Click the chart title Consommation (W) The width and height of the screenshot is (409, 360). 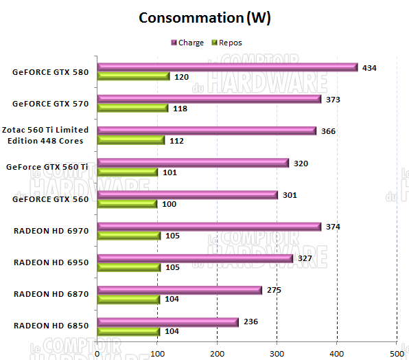point(204,18)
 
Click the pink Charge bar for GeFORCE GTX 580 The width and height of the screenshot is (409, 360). point(227,67)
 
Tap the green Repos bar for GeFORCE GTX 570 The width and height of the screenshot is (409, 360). point(132,108)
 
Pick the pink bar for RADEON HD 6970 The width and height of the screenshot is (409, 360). point(209,227)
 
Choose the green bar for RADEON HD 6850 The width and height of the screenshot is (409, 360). point(128,331)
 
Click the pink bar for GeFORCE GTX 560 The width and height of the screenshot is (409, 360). point(187,195)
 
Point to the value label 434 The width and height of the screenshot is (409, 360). point(371,67)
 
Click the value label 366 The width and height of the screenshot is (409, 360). point(328,131)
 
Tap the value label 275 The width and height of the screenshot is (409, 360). point(274,290)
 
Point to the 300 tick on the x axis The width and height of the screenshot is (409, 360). point(277,353)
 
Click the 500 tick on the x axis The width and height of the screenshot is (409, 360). point(396,353)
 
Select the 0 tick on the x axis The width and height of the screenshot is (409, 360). point(97,353)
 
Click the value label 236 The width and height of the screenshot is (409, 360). point(250,322)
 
